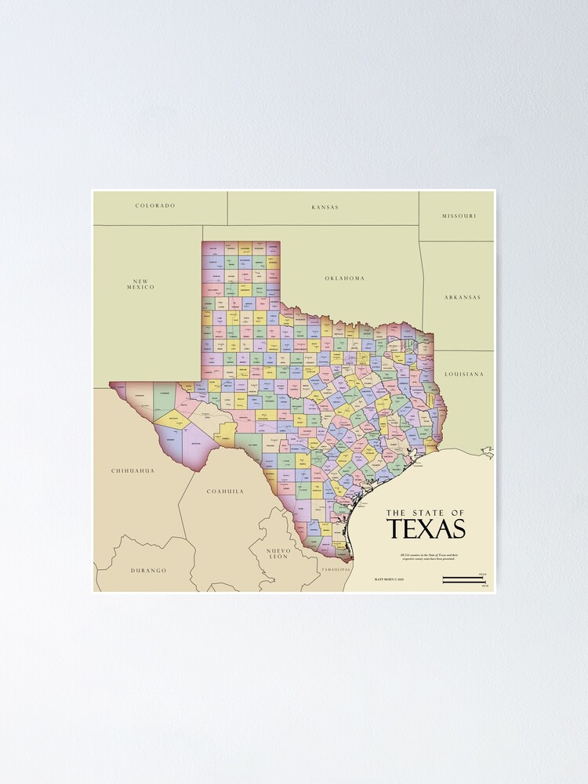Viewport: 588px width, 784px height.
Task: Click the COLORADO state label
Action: tap(155, 206)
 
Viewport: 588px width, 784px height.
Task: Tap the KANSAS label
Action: tap(325, 207)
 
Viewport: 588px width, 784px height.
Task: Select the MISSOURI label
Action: tap(459, 216)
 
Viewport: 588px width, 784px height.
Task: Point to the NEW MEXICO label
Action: tap(141, 284)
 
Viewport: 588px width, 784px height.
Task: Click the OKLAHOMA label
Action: tap(345, 278)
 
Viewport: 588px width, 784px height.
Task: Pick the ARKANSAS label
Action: tap(462, 298)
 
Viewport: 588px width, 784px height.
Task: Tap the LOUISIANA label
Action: tap(464, 375)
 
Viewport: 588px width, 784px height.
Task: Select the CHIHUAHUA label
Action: tap(132, 471)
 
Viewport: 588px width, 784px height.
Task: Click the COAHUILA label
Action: tap(225, 492)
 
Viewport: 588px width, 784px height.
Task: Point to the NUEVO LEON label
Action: tap(278, 554)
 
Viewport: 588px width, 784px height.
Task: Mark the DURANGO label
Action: tap(148, 571)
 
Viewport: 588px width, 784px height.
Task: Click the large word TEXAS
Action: tap(426, 529)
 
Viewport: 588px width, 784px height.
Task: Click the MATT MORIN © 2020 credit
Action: tap(389, 580)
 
